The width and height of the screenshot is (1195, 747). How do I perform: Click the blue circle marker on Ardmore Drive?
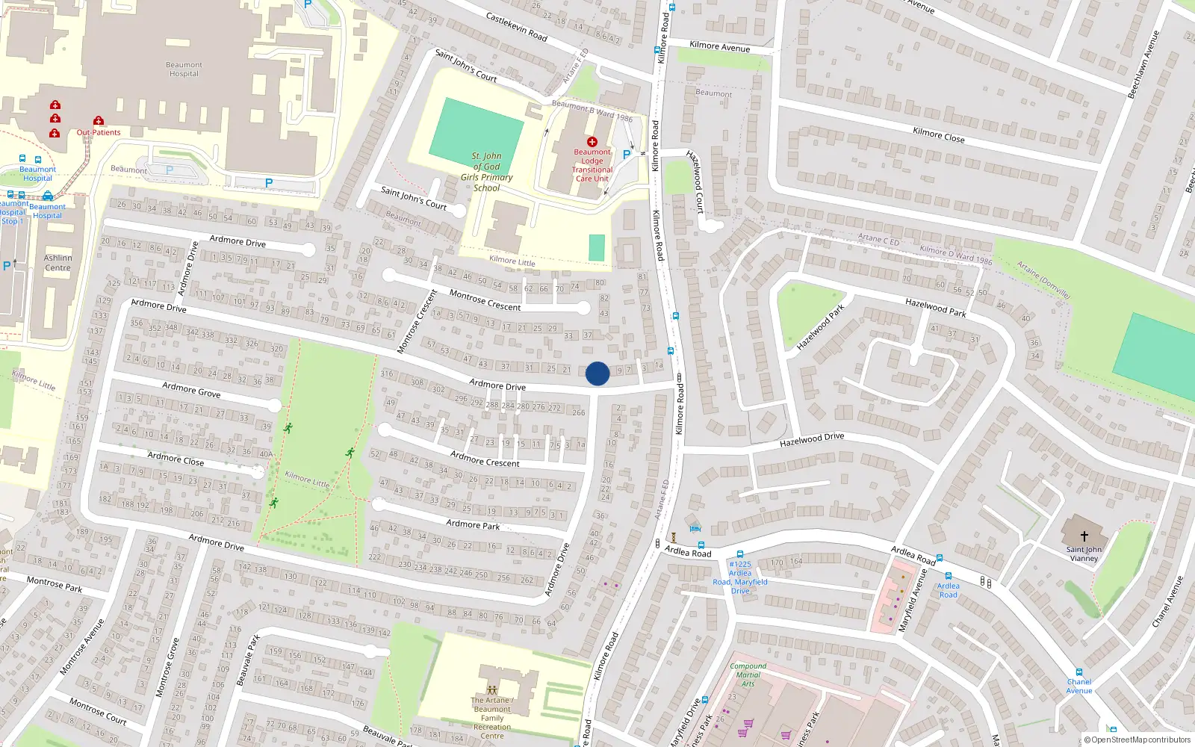coord(597,373)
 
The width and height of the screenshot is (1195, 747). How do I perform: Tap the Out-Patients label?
coord(99,132)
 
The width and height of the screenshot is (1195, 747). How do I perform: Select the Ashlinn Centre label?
coord(58,263)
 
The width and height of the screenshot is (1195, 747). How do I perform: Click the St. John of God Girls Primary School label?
coord(486,172)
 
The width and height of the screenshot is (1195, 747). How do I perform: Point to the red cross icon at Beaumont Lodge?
coord(592,141)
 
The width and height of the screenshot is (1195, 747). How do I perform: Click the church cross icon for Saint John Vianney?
coord(1084,536)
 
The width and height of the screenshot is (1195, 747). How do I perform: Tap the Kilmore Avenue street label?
coord(719,46)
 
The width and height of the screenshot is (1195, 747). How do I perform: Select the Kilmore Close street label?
coord(938,134)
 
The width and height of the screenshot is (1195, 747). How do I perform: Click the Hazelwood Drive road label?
coord(811,440)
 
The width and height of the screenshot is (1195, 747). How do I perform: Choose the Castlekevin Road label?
coord(516,27)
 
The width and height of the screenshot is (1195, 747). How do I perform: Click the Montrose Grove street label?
coord(167,667)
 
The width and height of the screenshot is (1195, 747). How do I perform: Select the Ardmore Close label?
coord(176,458)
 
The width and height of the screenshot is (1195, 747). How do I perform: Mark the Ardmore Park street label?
coord(473,524)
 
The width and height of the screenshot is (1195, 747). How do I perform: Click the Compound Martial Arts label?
coord(748,675)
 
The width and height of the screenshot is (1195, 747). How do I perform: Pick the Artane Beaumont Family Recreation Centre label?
coord(492,718)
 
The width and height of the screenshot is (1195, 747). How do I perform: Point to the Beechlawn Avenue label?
coord(1143,64)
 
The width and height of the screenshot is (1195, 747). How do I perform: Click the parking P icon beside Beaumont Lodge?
coord(627,154)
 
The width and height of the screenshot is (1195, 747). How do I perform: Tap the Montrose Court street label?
coord(98,711)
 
